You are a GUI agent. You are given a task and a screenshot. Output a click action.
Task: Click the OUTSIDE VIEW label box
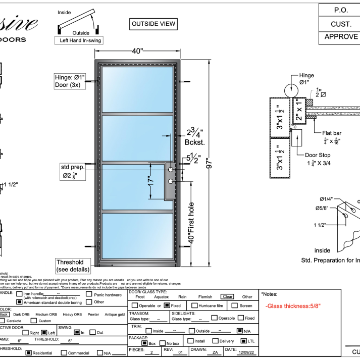coord(153,24)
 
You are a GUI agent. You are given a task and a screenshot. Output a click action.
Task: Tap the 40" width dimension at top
coord(138,51)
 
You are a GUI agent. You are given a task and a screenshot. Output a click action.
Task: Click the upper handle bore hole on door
coord(171,170)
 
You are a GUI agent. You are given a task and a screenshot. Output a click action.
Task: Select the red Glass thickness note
coord(293,306)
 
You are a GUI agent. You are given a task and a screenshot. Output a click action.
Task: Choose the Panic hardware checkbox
coord(89,294)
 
